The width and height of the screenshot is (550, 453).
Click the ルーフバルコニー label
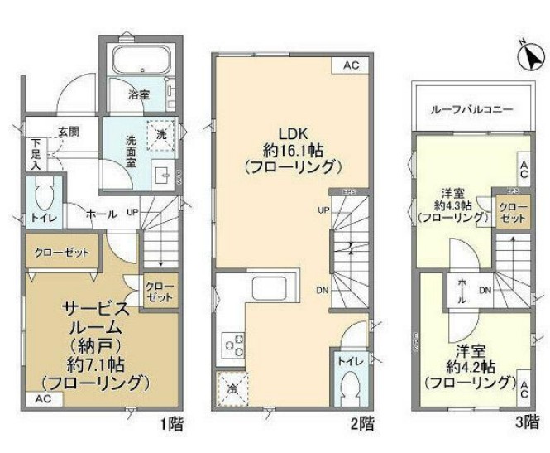pyautogui.click(x=471, y=109)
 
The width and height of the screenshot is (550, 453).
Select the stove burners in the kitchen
pyautogui.click(x=231, y=343)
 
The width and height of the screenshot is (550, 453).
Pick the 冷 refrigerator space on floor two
pyautogui.click(x=231, y=387)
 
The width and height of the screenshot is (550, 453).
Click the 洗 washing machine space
pyautogui.click(x=159, y=133)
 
